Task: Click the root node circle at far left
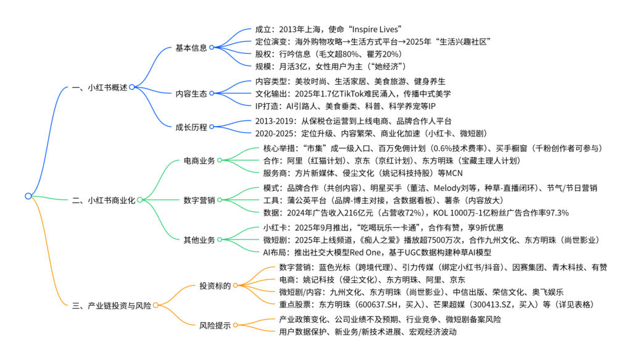pos(28,196)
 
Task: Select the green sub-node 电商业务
pos(199,161)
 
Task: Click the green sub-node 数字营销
pos(199,200)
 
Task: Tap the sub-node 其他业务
pos(199,239)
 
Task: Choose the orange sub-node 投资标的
pos(215,286)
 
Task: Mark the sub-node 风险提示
pos(215,325)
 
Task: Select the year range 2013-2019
pos(275,121)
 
